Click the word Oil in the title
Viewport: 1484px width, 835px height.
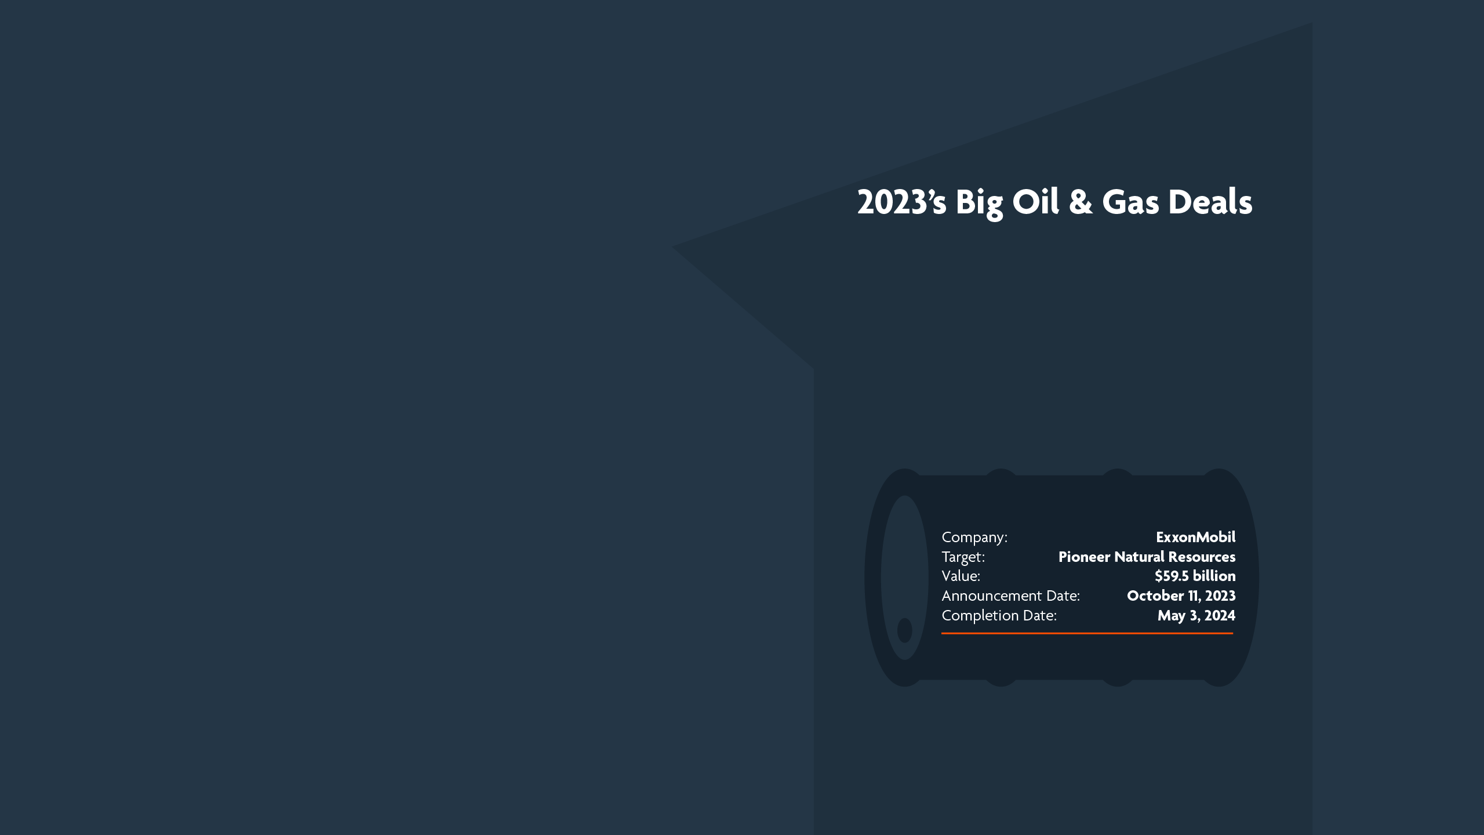(x=1035, y=202)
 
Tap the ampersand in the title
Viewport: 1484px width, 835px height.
(x=1080, y=202)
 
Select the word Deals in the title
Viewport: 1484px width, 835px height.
(x=1210, y=202)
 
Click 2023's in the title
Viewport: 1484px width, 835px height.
(x=901, y=202)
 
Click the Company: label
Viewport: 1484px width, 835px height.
(x=974, y=537)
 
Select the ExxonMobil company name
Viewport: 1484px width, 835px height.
(x=1195, y=537)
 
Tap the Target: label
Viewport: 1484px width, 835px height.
(x=963, y=557)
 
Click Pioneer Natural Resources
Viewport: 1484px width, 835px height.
(x=1147, y=557)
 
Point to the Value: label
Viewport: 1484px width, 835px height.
(x=961, y=576)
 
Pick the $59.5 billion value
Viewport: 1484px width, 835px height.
(x=1195, y=576)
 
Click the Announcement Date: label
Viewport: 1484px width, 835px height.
(x=1010, y=596)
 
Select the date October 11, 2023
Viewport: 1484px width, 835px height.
(x=1181, y=596)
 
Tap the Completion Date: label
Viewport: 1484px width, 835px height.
(x=999, y=615)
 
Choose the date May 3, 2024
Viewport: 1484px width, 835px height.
(x=1196, y=615)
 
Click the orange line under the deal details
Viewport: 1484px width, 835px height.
(x=1087, y=633)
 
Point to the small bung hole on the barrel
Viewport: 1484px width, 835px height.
(x=904, y=630)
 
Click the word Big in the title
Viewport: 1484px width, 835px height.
(x=979, y=202)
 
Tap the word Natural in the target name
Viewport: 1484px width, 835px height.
(x=1139, y=557)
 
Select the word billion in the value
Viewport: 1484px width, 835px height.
(x=1214, y=576)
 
